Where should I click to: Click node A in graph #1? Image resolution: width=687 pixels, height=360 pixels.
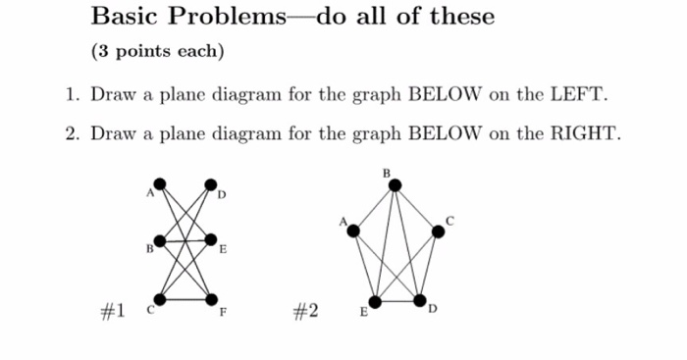pyautogui.click(x=160, y=182)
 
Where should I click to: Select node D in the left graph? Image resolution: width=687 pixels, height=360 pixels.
pyautogui.click(x=210, y=183)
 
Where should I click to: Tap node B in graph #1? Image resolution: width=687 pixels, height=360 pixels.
pyautogui.click(x=160, y=239)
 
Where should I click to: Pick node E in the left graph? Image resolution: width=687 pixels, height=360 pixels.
pyautogui.click(x=210, y=239)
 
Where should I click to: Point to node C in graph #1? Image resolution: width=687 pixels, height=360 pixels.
pyautogui.click(x=160, y=298)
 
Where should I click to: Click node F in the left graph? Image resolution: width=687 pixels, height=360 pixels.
pyautogui.click(x=210, y=298)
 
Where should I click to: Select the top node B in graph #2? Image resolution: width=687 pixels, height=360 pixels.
pyautogui.click(x=392, y=183)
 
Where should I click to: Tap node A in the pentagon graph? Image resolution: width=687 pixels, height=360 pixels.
pyautogui.click(x=353, y=231)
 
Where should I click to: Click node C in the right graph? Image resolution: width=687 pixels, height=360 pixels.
pyautogui.click(x=438, y=231)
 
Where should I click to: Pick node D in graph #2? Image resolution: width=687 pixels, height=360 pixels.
pyautogui.click(x=420, y=299)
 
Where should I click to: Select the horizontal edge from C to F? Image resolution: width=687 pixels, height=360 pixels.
pyautogui.click(x=185, y=298)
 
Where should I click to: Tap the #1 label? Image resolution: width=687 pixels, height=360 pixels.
pyautogui.click(x=113, y=311)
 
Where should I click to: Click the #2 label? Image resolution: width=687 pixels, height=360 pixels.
pyautogui.click(x=305, y=311)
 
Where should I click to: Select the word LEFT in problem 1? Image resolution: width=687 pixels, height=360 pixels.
pyautogui.click(x=581, y=95)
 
